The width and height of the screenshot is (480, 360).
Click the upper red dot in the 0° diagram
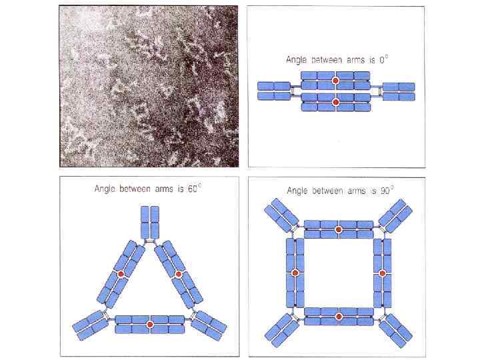click(335, 81)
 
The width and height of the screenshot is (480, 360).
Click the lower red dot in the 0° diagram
click(336, 101)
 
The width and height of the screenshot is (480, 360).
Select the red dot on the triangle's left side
click(121, 274)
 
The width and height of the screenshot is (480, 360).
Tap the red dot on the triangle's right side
click(178, 274)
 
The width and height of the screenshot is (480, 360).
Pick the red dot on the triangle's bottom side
click(150, 325)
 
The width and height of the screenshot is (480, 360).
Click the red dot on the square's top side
click(338, 229)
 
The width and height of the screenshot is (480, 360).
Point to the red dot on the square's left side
click(295, 273)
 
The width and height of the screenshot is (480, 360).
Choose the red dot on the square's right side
click(382, 273)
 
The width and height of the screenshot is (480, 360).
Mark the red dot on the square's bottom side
click(338, 317)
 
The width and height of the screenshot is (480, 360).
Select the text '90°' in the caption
click(387, 190)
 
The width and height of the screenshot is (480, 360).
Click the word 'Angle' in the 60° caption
click(105, 189)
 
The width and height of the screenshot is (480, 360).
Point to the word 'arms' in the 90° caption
click(357, 191)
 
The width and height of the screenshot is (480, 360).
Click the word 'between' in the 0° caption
click(327, 60)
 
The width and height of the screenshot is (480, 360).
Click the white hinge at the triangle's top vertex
click(150, 242)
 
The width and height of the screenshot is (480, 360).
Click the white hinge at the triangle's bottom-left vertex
click(105, 315)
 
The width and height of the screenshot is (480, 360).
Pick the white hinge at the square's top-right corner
click(382, 229)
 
